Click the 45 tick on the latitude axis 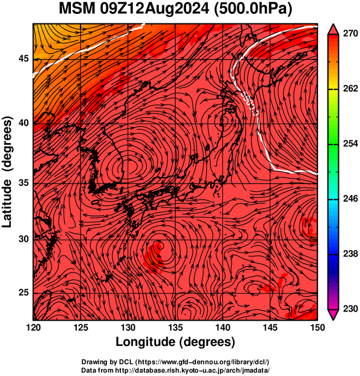tap(23, 58)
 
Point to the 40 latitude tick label tap(23, 123)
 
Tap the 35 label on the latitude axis tap(23, 183)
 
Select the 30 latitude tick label tap(23, 239)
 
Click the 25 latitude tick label tap(23, 293)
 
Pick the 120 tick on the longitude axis tap(33, 327)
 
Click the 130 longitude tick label tap(128, 327)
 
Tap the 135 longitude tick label tap(175, 327)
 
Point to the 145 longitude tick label tap(270, 327)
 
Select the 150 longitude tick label tap(317, 327)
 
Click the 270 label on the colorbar tap(350, 34)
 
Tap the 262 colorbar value tap(350, 88)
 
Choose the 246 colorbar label tap(350, 199)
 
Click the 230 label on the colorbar tap(350, 309)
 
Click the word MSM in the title tap(77, 9)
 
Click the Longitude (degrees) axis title tap(175, 342)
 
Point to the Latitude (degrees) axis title tap(7, 172)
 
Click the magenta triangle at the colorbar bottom tap(333, 314)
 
